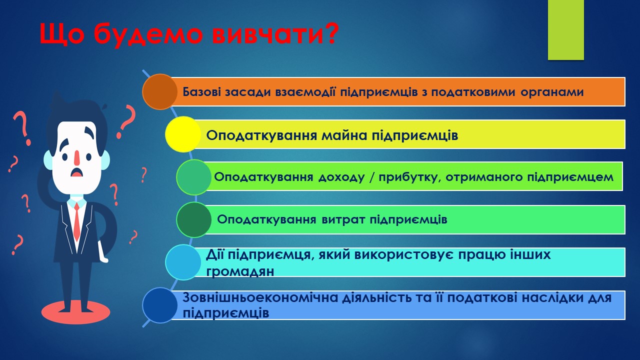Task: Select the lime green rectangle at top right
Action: pyautogui.click(x=565, y=29)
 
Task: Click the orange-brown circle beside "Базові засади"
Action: pyautogui.click(x=160, y=91)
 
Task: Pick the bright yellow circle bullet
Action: pyautogui.click(x=183, y=134)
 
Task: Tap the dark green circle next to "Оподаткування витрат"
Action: pyautogui.click(x=194, y=219)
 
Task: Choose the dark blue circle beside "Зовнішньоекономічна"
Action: pyautogui.click(x=160, y=305)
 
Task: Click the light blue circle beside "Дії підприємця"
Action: pyautogui.click(x=183, y=262)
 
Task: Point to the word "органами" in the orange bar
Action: pyautogui.click(x=552, y=92)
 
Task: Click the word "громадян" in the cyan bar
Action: pyautogui.click(x=240, y=271)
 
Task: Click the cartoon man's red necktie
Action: pyautogui.click(x=76, y=221)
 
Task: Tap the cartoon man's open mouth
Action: pyautogui.click(x=76, y=172)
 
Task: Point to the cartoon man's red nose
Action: pyautogui.click(x=77, y=157)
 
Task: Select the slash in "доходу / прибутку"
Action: pyautogui.click(x=371, y=177)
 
